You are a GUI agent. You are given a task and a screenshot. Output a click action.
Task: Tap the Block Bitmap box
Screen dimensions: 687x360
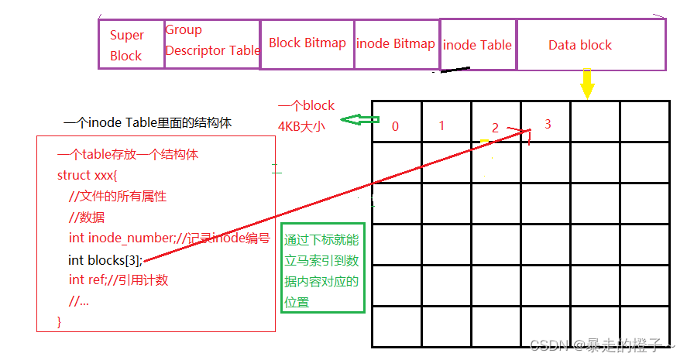[x=307, y=43]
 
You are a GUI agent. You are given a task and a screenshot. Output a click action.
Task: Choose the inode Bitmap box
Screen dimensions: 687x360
[x=396, y=43]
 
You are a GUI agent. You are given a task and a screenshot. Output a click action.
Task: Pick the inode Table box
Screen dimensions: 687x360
[x=477, y=45]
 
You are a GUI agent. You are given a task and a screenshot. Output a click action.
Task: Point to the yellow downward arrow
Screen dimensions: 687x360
[x=587, y=83]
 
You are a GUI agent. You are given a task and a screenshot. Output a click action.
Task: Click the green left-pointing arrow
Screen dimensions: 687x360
[x=362, y=120]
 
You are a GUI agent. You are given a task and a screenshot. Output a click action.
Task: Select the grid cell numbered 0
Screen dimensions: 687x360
[x=396, y=124]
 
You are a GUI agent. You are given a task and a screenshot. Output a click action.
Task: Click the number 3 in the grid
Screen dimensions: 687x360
[x=548, y=124]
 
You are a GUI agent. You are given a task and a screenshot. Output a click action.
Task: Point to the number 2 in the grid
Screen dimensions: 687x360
[x=495, y=128]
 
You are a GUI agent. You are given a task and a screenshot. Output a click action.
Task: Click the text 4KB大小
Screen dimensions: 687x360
[x=301, y=125]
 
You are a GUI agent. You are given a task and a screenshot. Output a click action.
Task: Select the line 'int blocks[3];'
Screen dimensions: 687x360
[x=105, y=259]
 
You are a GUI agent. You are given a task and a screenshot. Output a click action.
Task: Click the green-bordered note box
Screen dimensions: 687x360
[x=322, y=271]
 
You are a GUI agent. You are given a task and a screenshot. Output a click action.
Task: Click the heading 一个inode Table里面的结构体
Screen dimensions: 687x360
[x=147, y=123]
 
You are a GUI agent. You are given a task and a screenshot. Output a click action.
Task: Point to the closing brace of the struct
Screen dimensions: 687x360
[x=60, y=321]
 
